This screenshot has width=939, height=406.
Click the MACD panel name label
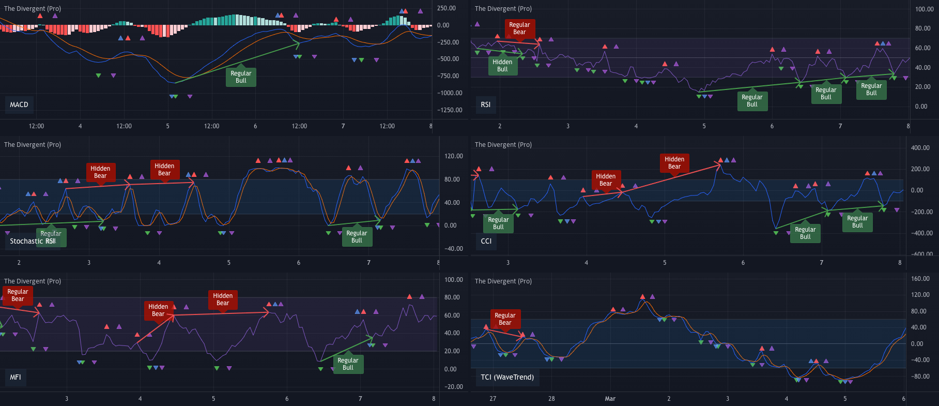pos(19,104)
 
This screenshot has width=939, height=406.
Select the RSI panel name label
pos(485,104)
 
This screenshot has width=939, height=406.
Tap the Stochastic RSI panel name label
pos(32,241)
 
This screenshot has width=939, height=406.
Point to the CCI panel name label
pos(486,241)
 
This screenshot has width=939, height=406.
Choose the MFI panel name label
pos(16,377)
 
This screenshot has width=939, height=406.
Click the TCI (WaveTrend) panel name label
pos(507,377)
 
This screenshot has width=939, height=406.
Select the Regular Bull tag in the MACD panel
pos(241,77)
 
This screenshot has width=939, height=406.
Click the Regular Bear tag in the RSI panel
pos(519,28)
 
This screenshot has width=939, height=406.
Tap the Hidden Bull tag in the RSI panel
pos(502,66)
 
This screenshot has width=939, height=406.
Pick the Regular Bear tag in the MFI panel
pos(18,295)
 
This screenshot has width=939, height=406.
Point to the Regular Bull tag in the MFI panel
pos(348,364)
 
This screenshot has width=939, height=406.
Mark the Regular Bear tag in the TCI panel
pos(505,319)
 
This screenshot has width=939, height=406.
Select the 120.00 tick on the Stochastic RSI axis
pos(453,156)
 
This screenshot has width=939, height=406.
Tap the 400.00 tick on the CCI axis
pos(920,148)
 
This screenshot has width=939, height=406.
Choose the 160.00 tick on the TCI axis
pos(920,279)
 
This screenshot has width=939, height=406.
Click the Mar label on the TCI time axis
pos(610,399)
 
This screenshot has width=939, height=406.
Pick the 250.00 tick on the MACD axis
pos(446,8)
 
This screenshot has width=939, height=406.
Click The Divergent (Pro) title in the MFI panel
pos(33,281)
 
